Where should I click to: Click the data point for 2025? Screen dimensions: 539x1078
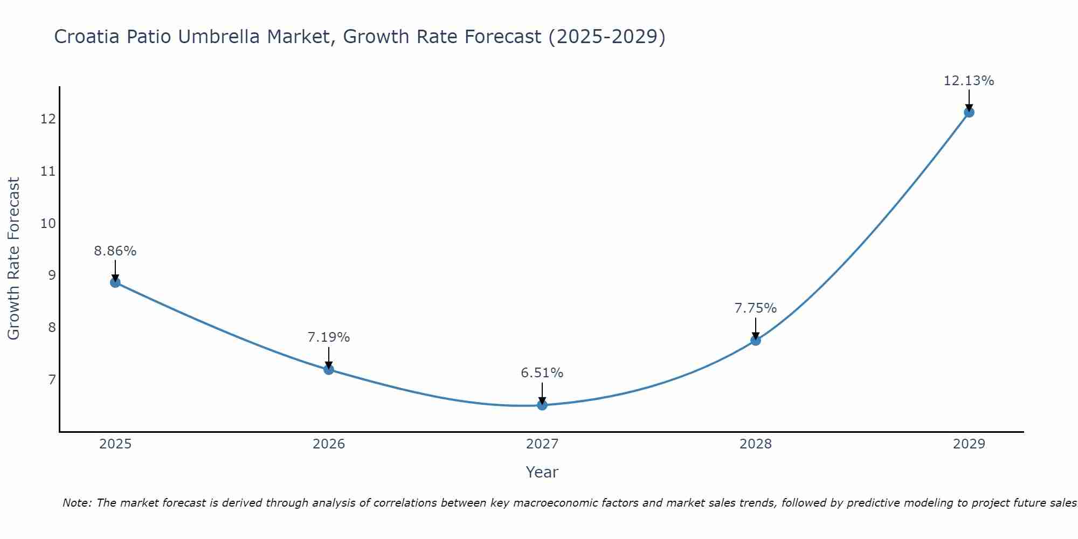(115, 282)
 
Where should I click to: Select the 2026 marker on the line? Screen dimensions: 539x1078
(329, 369)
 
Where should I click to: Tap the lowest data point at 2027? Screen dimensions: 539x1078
(542, 405)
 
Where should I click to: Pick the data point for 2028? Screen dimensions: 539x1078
(756, 340)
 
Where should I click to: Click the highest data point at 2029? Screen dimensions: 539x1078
(969, 112)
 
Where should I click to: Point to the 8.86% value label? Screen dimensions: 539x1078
(115, 251)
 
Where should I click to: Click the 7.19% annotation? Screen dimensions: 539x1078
(329, 337)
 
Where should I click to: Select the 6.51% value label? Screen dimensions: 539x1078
(542, 373)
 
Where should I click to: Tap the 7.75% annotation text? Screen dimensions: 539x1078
(756, 308)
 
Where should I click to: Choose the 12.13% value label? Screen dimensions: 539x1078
(969, 81)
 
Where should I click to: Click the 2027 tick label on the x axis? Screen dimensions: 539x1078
(542, 444)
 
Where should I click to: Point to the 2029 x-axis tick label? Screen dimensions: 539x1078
(969, 444)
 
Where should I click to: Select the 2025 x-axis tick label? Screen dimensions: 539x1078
(115, 444)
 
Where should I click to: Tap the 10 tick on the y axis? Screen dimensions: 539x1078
(48, 223)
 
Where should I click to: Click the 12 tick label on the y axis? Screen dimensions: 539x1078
(48, 119)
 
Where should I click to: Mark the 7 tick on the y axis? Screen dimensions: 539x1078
(52, 380)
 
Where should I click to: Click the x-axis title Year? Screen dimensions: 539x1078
(542, 472)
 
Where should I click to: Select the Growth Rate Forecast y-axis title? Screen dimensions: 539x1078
(14, 259)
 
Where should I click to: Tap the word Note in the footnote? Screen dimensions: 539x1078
(77, 503)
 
